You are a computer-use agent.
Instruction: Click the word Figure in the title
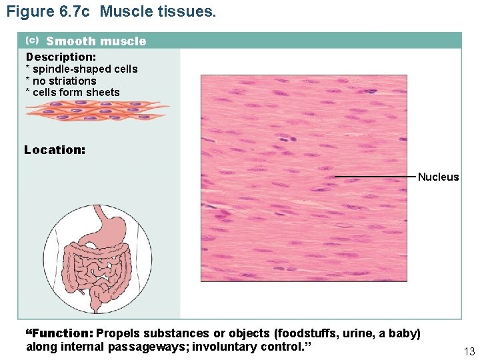[x=28, y=12]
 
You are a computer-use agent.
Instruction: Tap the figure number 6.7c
[x=75, y=12]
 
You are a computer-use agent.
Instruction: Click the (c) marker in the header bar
[x=31, y=40]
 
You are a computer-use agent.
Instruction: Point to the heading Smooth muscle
[x=96, y=41]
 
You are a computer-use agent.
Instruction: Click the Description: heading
[x=61, y=57]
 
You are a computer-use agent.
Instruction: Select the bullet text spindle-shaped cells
[x=85, y=69]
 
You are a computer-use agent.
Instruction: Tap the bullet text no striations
[x=65, y=81]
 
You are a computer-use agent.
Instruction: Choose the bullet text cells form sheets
[x=76, y=93]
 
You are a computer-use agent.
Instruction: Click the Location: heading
[x=55, y=150]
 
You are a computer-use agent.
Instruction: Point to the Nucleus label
[x=438, y=177]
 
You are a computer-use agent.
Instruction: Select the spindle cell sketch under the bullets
[x=97, y=111]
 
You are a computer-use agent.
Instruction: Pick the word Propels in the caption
[x=117, y=333]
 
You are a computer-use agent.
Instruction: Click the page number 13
[x=468, y=351]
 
